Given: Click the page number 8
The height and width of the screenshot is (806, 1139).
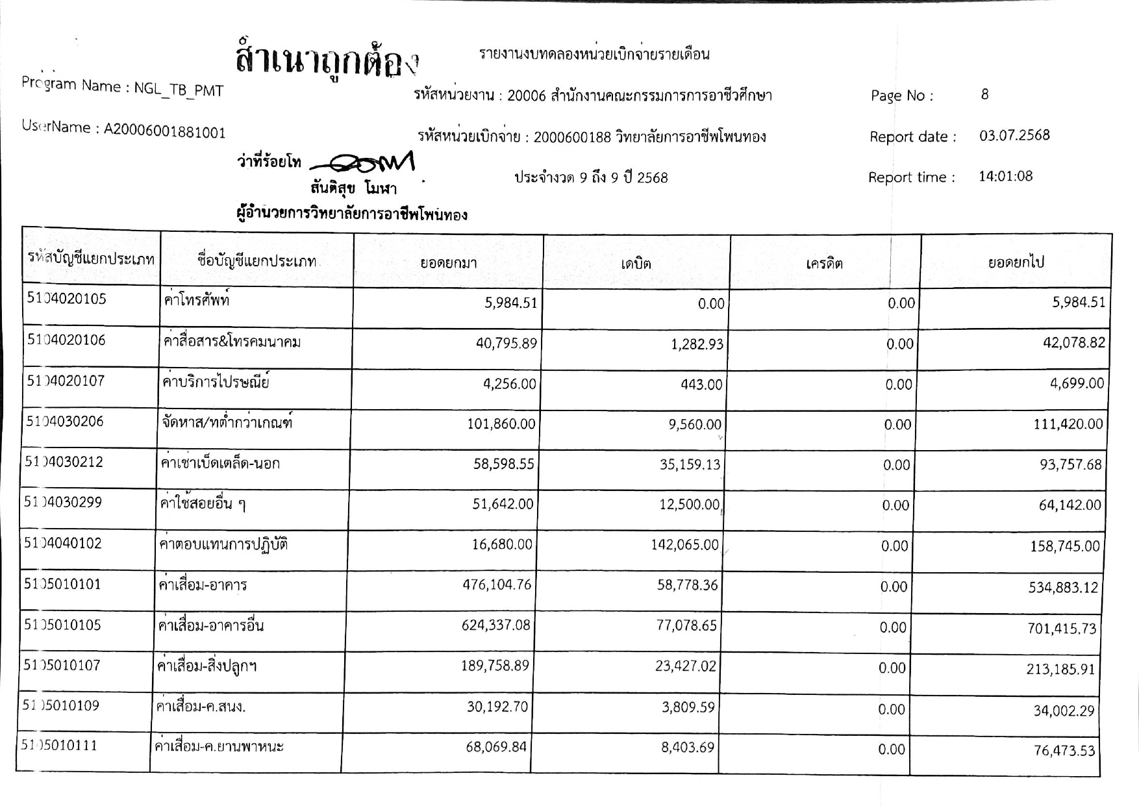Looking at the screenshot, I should [x=984, y=95].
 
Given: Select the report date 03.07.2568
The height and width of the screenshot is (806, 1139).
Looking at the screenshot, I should [x=1014, y=136].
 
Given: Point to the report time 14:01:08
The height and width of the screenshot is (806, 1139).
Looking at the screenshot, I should [x=1005, y=177].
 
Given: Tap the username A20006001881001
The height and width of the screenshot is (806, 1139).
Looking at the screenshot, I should [x=165, y=132].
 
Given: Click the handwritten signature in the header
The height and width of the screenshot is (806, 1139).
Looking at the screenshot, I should [x=364, y=162].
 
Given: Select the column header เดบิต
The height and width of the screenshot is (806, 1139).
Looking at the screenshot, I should [x=636, y=264].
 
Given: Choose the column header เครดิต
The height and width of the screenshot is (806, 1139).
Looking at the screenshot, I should [x=824, y=264].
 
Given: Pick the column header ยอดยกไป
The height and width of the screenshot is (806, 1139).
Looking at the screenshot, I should [x=1016, y=263].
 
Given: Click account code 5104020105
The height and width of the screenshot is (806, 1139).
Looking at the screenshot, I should [x=66, y=299].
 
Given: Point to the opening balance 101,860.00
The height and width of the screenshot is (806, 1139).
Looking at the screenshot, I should [x=501, y=425].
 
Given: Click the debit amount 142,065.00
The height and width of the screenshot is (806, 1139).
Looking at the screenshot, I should [x=684, y=545].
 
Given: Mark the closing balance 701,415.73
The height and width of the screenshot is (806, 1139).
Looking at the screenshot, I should [x=1062, y=629].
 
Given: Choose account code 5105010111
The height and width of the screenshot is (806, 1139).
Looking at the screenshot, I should [x=60, y=746].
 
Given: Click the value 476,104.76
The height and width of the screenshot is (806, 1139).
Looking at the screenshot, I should [x=497, y=585].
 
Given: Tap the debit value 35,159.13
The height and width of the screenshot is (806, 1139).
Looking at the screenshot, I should [x=690, y=465].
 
